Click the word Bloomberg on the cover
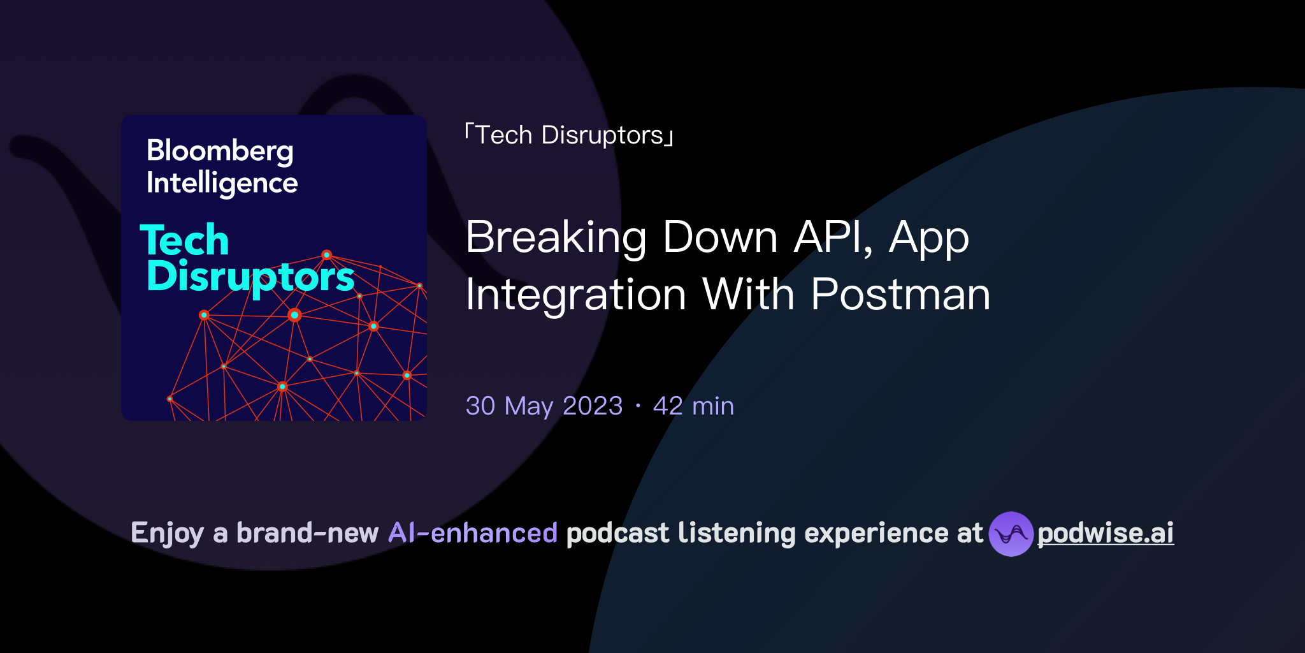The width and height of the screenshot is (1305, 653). click(220, 152)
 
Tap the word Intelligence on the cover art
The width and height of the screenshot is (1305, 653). click(222, 184)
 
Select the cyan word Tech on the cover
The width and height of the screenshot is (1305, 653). click(184, 240)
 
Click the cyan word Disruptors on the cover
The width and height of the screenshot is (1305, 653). click(250, 277)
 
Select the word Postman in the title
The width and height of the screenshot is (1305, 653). click(900, 295)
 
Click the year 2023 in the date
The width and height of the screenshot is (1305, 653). click(593, 406)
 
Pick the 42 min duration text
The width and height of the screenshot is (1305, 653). click(693, 406)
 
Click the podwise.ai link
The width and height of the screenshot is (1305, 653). click(1106, 534)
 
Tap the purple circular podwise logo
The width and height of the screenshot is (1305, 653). click(1011, 534)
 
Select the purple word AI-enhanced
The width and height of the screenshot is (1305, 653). click(473, 533)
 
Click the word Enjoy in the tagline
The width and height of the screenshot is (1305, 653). click(168, 534)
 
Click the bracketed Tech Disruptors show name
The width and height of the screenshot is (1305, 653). click(570, 135)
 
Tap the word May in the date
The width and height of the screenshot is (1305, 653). click(529, 407)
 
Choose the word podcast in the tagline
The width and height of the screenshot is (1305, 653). click(617, 534)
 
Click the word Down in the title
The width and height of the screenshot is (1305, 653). click(720, 237)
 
